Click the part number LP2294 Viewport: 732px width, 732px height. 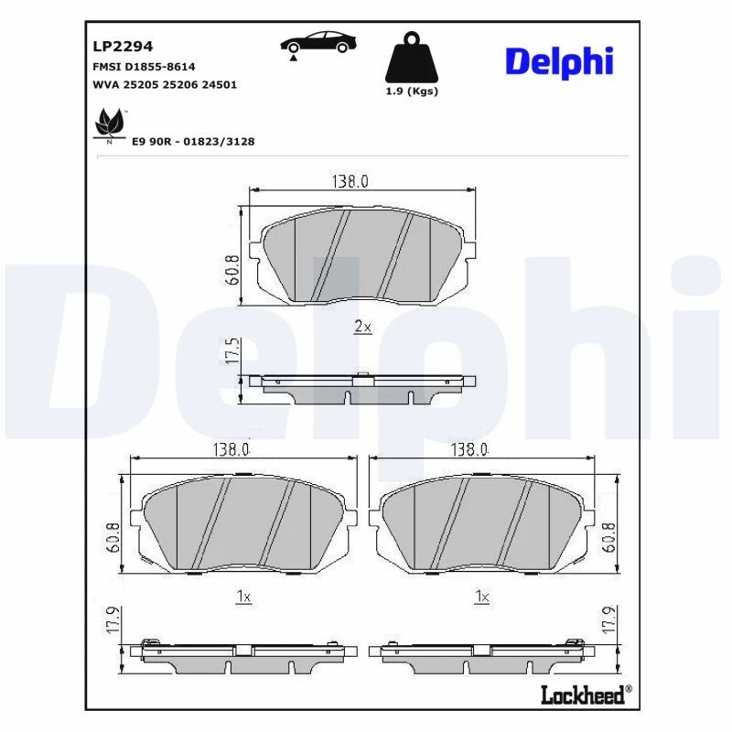tap(123, 47)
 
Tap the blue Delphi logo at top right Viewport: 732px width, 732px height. tap(559, 62)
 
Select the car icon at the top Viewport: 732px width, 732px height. tap(318, 43)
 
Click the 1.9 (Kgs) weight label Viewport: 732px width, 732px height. tap(412, 91)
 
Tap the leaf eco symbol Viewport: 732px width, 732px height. tap(109, 124)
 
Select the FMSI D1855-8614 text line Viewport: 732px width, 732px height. tap(144, 67)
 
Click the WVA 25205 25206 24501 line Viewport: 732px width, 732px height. tap(165, 85)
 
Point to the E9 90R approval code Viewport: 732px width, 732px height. tap(193, 142)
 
